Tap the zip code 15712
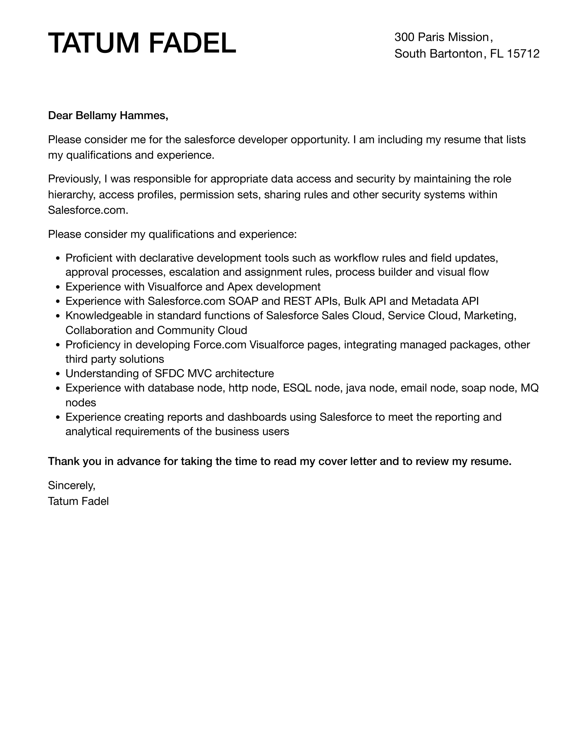pyautogui.click(x=523, y=54)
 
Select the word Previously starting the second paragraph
pyautogui.click(x=74, y=179)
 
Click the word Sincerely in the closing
pyautogui.click(x=71, y=485)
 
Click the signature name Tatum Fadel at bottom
pyautogui.click(x=78, y=501)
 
